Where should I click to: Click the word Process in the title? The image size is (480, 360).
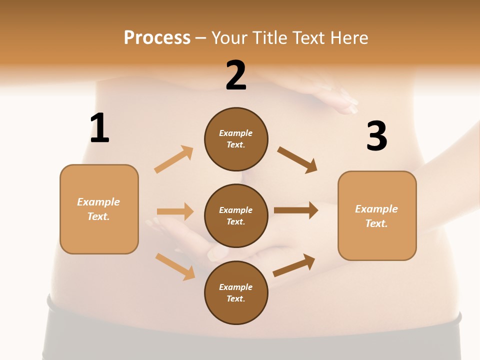(x=157, y=38)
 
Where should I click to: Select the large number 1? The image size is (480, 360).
(x=99, y=128)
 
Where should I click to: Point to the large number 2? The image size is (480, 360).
(x=236, y=75)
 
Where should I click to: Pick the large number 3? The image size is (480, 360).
(x=376, y=136)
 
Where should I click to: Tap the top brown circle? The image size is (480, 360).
(x=236, y=139)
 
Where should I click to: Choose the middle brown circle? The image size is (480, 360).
(x=236, y=215)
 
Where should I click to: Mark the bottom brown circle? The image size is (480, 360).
(x=236, y=292)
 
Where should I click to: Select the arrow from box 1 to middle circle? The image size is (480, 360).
(x=175, y=211)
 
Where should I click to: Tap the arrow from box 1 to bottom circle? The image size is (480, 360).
(x=175, y=266)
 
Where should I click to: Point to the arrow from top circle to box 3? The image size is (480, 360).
(x=297, y=160)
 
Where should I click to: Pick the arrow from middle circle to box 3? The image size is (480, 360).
(x=296, y=210)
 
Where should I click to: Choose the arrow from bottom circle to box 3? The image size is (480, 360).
(x=294, y=265)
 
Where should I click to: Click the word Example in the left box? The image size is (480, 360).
(x=98, y=202)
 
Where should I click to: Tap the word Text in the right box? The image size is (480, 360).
(x=376, y=223)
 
